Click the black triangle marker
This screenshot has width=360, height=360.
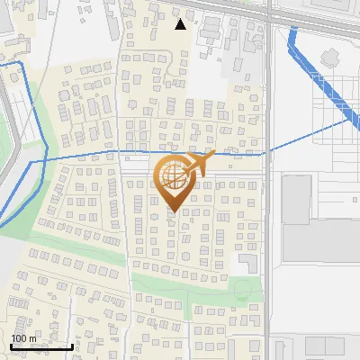(181, 24)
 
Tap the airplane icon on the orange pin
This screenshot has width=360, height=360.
(198, 162)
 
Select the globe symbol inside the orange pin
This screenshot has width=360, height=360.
(172, 178)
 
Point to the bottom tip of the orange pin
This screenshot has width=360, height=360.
(174, 213)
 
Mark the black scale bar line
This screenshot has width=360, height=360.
(41, 346)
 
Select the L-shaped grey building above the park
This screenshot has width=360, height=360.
(246, 262)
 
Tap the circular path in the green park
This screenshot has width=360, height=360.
(240, 290)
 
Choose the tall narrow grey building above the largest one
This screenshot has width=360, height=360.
(296, 199)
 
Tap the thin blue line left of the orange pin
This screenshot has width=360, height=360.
(90, 155)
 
